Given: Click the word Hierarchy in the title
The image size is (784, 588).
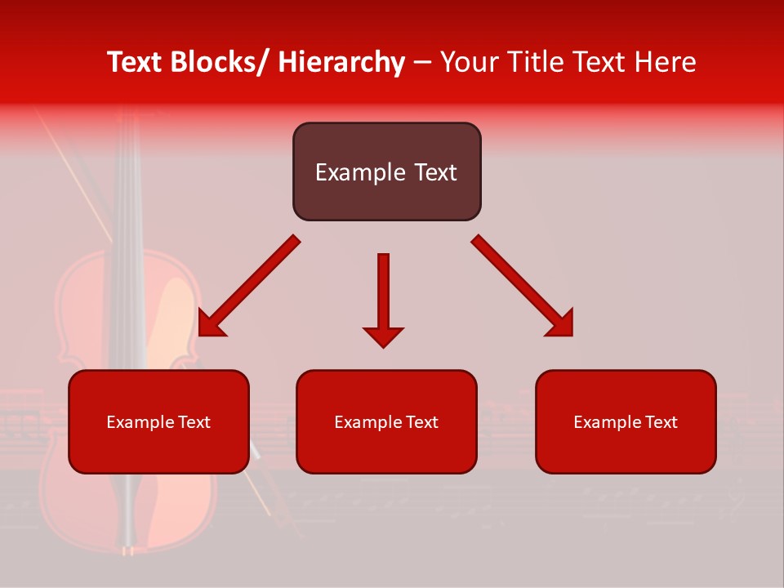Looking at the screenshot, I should click(x=341, y=63).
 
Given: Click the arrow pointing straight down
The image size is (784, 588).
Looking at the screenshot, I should click(x=383, y=298).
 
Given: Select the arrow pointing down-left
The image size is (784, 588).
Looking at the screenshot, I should click(x=249, y=286).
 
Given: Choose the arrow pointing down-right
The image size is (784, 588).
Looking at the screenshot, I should click(x=523, y=286).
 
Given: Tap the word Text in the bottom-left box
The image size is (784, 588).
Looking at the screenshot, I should click(x=191, y=422).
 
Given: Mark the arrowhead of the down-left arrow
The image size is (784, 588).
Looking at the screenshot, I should click(x=211, y=323).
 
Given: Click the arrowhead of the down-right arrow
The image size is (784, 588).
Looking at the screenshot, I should click(x=560, y=323).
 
